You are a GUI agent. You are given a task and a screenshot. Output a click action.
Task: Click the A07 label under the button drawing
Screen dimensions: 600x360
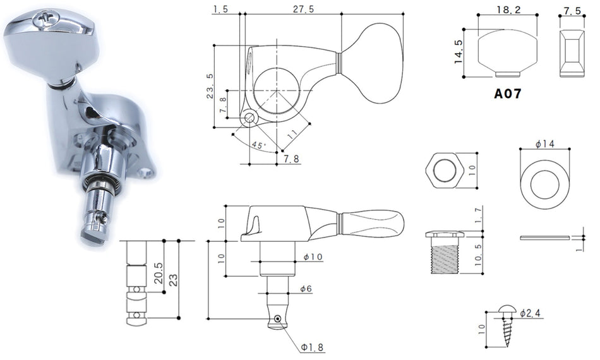(x=507, y=93)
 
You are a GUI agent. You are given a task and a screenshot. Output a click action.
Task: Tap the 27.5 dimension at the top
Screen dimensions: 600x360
(x=303, y=9)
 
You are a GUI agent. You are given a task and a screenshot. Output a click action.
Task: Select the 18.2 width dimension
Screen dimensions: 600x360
(x=508, y=9)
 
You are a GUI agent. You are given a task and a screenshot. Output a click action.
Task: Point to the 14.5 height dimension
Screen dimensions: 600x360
(x=459, y=52)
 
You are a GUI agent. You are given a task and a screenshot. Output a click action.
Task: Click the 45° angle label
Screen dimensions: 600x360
(x=258, y=145)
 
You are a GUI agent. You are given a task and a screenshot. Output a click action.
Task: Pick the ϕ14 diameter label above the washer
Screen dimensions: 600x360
(x=544, y=144)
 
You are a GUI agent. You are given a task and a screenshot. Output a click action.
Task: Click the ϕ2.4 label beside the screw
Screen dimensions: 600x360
(x=530, y=313)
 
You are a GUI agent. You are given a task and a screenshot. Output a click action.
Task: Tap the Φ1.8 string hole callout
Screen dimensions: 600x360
(x=312, y=347)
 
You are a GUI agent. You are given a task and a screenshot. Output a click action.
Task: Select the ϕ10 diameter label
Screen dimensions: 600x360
(x=313, y=256)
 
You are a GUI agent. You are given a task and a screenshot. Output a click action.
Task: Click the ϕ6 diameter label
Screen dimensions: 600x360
(x=306, y=289)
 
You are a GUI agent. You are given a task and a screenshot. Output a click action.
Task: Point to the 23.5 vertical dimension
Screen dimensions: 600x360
(x=210, y=86)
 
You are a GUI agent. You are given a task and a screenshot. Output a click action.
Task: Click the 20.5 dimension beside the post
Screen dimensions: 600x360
(x=159, y=273)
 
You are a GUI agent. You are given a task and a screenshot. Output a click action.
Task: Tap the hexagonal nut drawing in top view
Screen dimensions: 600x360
(x=444, y=171)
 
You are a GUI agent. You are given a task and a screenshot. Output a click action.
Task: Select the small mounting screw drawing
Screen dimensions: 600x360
(x=508, y=325)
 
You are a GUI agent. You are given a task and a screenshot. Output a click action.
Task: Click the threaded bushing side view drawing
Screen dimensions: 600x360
(x=445, y=252)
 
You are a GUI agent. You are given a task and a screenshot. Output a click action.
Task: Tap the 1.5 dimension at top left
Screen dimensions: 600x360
(x=221, y=9)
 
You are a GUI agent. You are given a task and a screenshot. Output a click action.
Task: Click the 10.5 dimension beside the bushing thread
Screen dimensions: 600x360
(x=478, y=255)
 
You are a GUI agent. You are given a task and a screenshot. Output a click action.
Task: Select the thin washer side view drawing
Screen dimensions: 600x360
(x=544, y=237)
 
